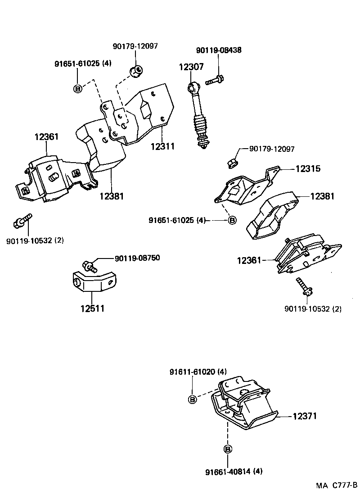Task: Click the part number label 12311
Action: pyautogui.click(x=162, y=147)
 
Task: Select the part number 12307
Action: pyautogui.click(x=191, y=67)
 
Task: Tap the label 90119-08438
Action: pyautogui.click(x=219, y=50)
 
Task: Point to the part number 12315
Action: pyautogui.click(x=308, y=169)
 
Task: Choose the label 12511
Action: pyautogui.click(x=92, y=308)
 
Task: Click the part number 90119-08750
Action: pyautogui.click(x=137, y=258)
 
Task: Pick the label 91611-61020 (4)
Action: pyautogui.click(x=198, y=372)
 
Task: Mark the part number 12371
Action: pyautogui.click(x=305, y=417)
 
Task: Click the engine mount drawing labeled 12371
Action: pyautogui.click(x=243, y=405)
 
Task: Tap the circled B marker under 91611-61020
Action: pyautogui.click(x=192, y=399)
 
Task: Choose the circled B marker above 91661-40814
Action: pyautogui.click(x=228, y=449)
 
